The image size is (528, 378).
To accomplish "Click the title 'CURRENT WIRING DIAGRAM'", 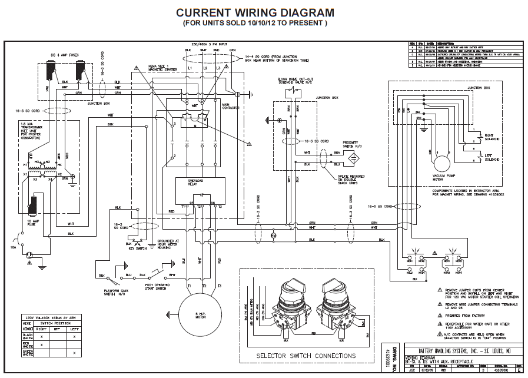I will coord(255,12).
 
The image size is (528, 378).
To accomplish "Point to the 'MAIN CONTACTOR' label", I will coord(230,107).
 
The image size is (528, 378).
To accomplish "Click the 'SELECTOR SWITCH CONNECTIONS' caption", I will coord(305,356).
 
